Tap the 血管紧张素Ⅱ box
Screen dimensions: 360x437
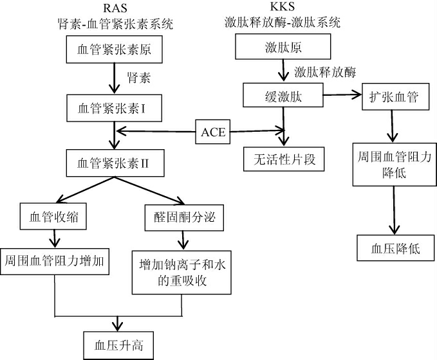click(x=115, y=160)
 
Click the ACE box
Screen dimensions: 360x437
click(x=213, y=132)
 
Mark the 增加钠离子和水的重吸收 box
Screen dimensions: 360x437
click(x=180, y=272)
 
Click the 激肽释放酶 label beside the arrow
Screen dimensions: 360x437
click(x=325, y=70)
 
